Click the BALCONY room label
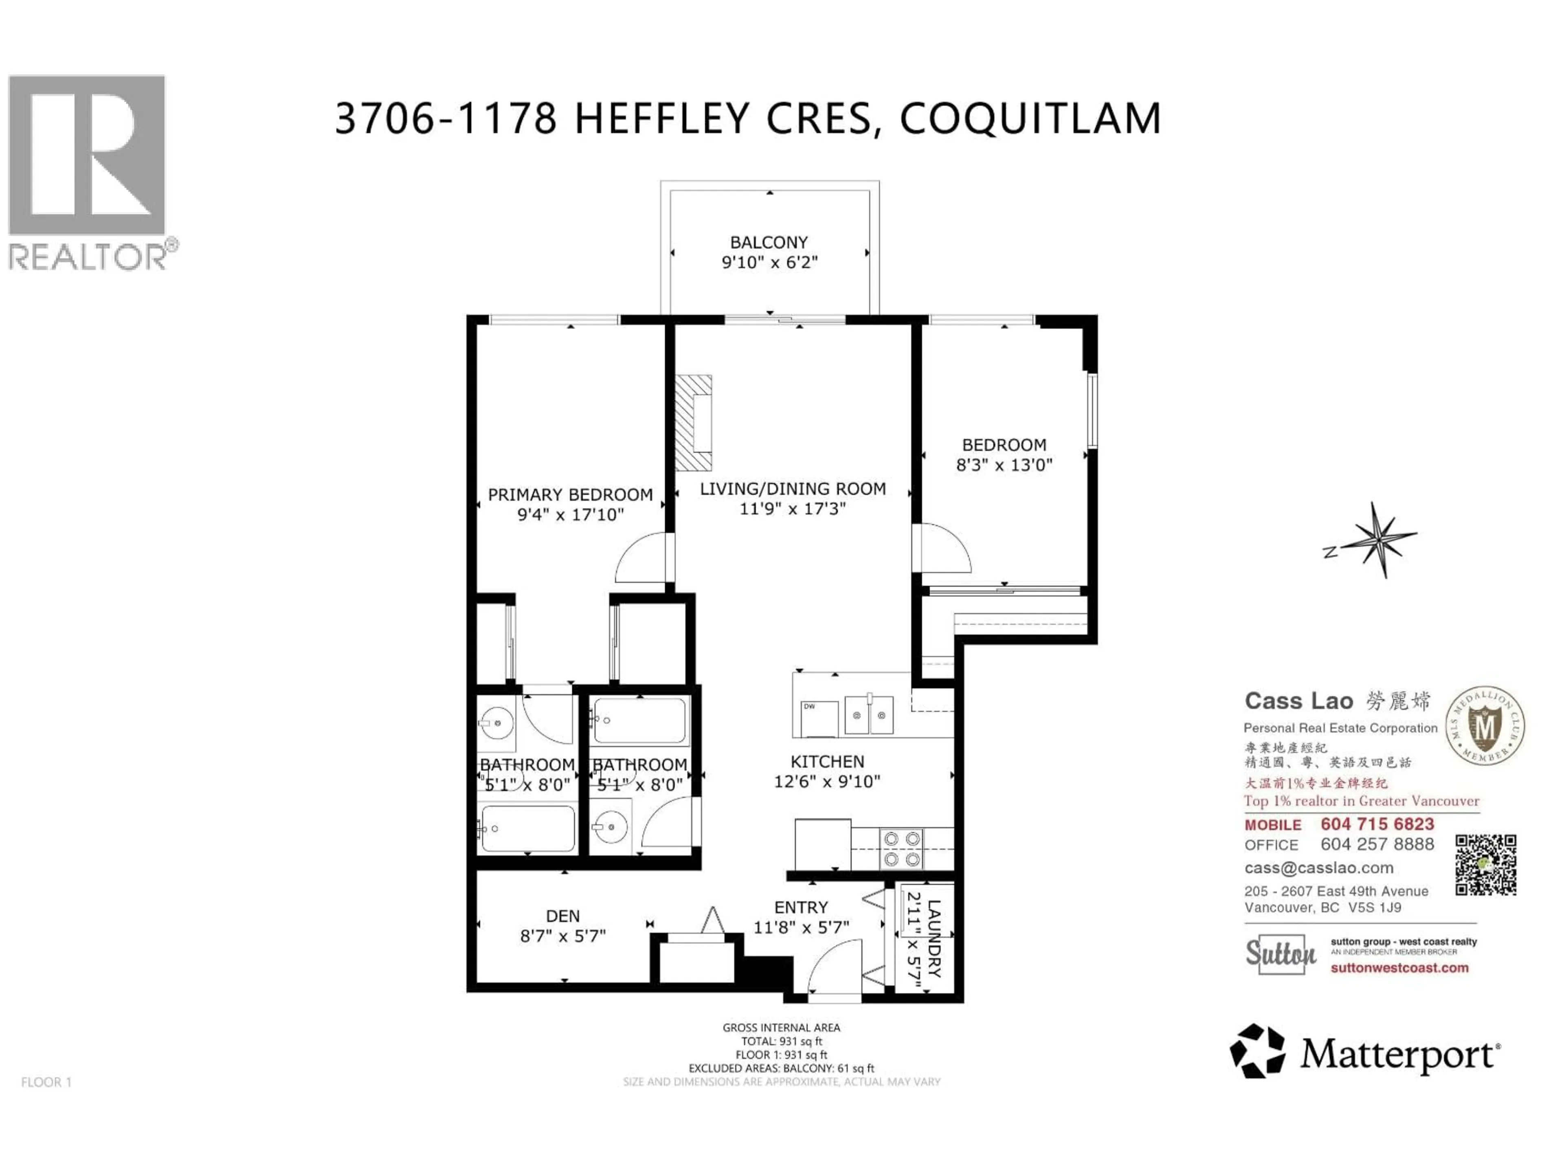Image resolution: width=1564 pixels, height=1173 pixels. tap(769, 242)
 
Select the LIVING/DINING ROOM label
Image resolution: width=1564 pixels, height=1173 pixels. tap(793, 489)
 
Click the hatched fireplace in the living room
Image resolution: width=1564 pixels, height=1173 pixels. tap(693, 423)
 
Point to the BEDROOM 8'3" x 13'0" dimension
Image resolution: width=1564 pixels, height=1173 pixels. tap(1004, 465)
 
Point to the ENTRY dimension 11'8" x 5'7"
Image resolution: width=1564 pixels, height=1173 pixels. tap(801, 927)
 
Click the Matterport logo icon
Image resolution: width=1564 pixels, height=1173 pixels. tap(1257, 1051)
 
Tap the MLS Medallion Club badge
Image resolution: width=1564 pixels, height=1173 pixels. tap(1484, 726)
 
